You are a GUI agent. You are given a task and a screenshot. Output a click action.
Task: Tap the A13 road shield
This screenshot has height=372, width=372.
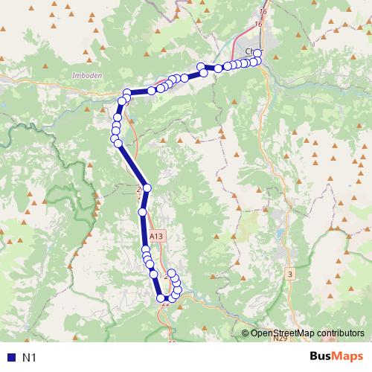click(156, 236)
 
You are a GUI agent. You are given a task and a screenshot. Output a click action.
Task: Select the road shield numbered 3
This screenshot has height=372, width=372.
click(289, 275)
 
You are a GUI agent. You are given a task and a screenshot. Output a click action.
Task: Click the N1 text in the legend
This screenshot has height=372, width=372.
click(29, 358)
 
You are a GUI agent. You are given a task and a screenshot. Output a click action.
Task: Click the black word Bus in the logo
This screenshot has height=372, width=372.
click(321, 356)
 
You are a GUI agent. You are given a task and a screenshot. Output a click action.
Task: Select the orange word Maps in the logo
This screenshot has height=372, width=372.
click(347, 356)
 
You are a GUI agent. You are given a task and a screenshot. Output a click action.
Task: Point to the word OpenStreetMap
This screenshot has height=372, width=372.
click(283, 333)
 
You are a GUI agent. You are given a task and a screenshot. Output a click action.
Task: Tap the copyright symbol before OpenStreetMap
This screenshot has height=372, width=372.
click(246, 333)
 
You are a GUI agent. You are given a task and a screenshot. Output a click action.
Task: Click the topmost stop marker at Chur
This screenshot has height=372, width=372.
click(258, 52)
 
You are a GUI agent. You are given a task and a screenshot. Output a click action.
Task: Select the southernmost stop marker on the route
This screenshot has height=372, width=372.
click(161, 298)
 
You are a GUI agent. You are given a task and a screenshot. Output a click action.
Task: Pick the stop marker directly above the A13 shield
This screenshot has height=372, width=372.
click(144, 212)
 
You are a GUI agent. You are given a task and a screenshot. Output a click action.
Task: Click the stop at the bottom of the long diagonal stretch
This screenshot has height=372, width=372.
click(147, 188)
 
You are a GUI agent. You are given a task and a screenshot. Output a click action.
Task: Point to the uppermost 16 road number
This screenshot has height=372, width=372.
click(262, 12)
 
